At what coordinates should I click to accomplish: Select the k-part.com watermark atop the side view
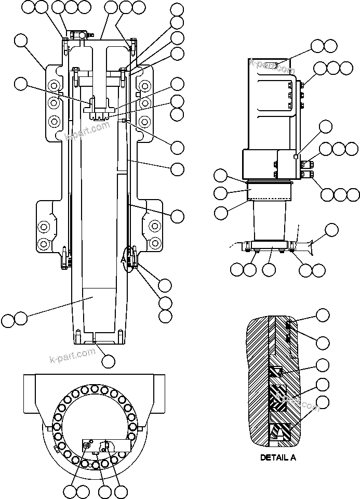(x=272, y=67)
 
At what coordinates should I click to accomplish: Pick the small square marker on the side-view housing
(x=295, y=156)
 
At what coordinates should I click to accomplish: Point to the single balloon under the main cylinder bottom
(x=108, y=360)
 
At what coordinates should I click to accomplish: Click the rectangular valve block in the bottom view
(x=106, y=445)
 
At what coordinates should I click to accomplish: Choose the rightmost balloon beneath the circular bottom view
(x=121, y=492)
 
